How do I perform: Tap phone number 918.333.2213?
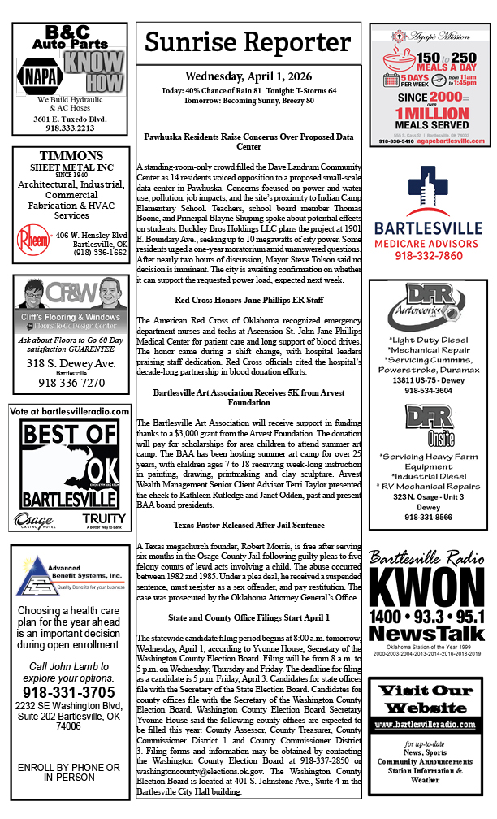click(70, 128)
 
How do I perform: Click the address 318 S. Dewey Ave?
click(70, 362)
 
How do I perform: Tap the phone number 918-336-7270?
click(70, 382)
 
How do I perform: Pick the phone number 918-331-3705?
click(70, 692)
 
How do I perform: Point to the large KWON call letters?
click(428, 591)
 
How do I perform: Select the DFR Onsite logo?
click(428, 426)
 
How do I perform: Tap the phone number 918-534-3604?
click(428, 390)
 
